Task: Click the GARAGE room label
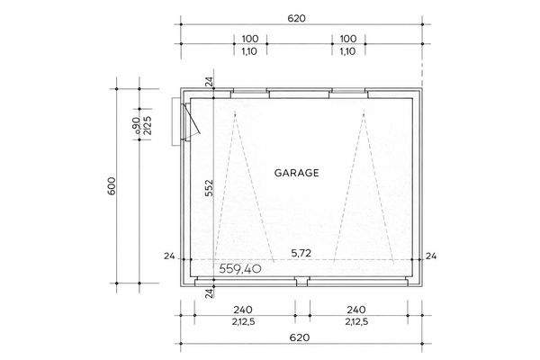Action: pos(296,172)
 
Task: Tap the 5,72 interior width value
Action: pos(301,254)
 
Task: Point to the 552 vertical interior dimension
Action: pos(209,187)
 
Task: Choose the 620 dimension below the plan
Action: pos(301,337)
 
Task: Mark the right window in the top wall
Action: pos(347,91)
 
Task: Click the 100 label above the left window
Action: pos(250,39)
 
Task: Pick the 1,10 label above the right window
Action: pos(348,52)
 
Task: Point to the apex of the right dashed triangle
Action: pos(364,112)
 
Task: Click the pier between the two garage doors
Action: pos(301,282)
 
